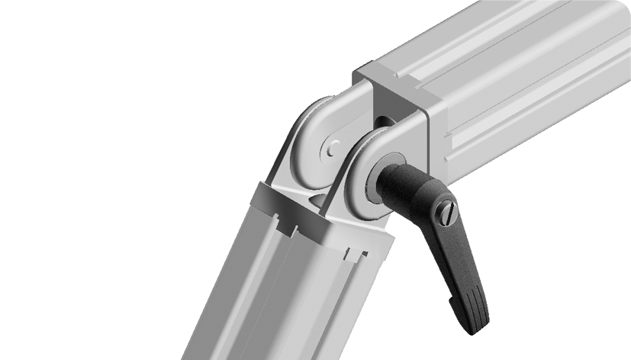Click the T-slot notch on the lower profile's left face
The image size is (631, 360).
(288, 226)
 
